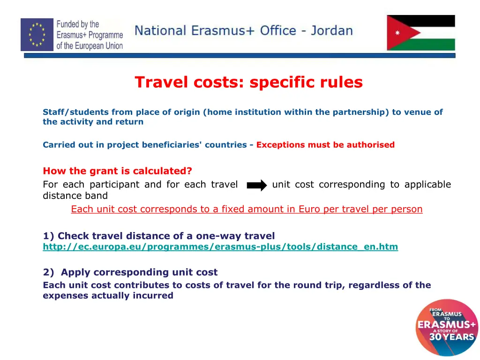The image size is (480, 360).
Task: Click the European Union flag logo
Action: point(37,34)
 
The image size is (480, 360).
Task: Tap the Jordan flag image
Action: point(420,32)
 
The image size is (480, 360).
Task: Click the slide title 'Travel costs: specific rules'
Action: point(248,82)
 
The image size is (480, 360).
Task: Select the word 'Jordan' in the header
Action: point(331,31)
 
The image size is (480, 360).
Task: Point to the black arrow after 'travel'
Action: point(256,185)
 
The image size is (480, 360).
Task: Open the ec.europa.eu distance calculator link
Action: point(220,247)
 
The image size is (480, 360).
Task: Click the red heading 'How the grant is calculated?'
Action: point(117,171)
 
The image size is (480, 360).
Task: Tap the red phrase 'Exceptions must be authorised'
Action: point(325,145)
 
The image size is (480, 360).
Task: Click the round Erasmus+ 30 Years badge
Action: point(446,328)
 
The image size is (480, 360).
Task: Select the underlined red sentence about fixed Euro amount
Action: point(247,209)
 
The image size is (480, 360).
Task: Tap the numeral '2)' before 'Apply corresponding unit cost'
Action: point(49,272)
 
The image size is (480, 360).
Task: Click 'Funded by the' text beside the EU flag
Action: point(78,24)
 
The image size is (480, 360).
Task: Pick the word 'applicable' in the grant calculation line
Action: point(427,185)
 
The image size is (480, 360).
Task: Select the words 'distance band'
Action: point(75,195)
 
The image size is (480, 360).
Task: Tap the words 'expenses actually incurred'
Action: point(108,296)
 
